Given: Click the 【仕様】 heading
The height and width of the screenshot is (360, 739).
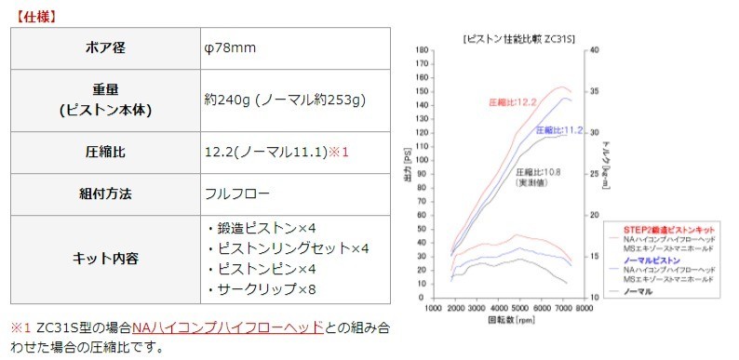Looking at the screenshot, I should tap(36, 16).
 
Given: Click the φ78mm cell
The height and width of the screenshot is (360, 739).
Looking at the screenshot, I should tap(232, 47).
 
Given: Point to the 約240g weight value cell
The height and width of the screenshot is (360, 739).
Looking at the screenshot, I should tap(285, 99).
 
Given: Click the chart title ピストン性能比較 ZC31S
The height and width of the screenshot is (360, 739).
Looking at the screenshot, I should tap(517, 39).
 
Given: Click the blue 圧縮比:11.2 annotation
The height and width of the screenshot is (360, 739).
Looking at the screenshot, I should tap(558, 130).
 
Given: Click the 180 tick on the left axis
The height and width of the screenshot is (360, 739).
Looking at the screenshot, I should tap(423, 51).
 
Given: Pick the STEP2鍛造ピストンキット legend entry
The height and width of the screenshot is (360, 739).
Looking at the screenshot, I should tap(670, 228).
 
